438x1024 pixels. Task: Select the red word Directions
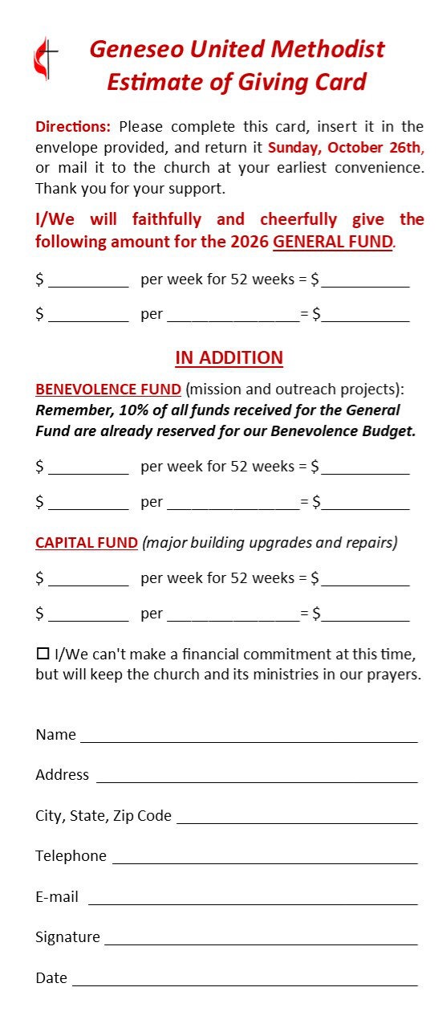pos(73,127)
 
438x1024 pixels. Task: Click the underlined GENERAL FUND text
pos(333,242)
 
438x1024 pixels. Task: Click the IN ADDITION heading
pos(229,358)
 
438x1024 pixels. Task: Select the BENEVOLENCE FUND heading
pos(108,390)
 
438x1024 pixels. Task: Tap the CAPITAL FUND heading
pos(87,543)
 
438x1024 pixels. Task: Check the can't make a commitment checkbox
pos(43,654)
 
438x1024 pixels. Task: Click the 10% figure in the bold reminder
pos(134,410)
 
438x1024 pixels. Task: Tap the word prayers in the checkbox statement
pos(394,675)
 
